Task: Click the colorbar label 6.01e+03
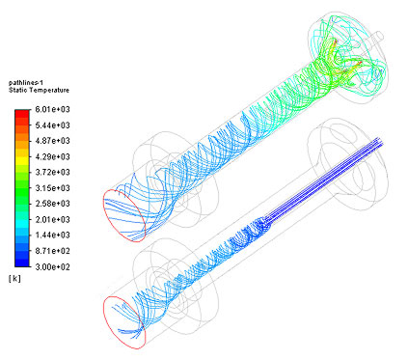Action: pos(52,109)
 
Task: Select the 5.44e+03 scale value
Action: pos(52,125)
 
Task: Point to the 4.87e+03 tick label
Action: pos(52,141)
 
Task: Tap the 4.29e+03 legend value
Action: pos(52,156)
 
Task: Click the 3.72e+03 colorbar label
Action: pos(52,172)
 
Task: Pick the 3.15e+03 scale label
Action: pos(52,188)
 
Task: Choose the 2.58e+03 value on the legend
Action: pos(52,204)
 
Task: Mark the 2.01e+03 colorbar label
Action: pos(52,219)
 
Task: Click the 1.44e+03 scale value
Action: pos(52,235)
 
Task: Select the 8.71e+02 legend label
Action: pos(52,251)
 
